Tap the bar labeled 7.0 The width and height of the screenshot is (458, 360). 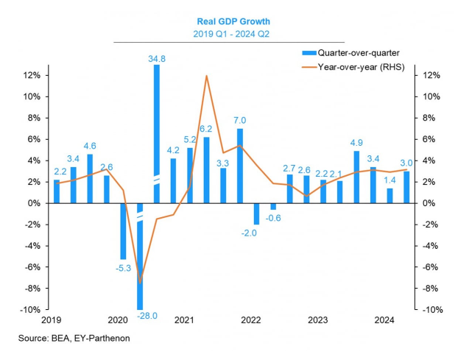tap(240, 166)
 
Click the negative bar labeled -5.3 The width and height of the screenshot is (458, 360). tap(124, 231)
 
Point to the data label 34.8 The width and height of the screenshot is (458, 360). tap(156, 57)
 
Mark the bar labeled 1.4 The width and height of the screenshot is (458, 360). tap(390, 195)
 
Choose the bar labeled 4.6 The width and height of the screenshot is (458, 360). tap(90, 178)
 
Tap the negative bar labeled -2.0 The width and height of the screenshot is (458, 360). tap(256, 213)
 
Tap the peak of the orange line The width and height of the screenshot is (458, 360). tap(206, 76)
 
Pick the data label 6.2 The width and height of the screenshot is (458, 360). tap(207, 128)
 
